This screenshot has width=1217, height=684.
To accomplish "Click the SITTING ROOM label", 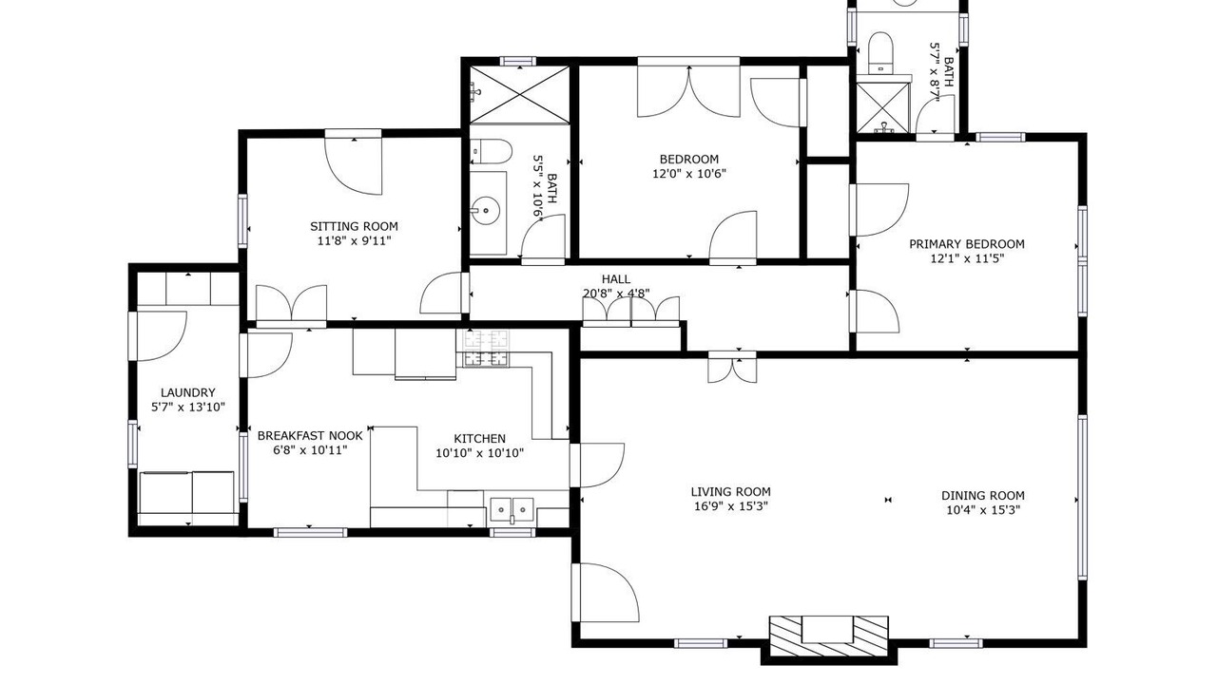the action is point(354,226).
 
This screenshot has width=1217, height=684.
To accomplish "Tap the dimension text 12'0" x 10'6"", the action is point(689,174).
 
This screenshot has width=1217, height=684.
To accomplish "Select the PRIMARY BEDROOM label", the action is point(967,244).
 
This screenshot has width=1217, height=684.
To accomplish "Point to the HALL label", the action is point(615,279).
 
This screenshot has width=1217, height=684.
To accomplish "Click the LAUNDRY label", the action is point(188,392).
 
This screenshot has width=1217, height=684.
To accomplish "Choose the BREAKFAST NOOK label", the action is point(310,435).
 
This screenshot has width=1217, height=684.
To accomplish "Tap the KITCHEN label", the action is point(480,439).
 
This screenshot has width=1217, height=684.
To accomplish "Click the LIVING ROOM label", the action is point(731,492).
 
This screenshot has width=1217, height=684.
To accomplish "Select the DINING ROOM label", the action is point(983,496).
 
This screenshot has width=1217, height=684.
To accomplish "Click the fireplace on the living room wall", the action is point(828,636).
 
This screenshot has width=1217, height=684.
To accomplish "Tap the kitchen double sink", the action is point(512,510).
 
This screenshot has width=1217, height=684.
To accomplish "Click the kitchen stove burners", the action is point(486,348).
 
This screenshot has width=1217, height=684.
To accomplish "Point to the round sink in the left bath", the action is point(485,209).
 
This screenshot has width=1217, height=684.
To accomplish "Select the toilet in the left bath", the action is point(492,151).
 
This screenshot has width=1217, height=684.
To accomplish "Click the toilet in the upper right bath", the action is point(880,52).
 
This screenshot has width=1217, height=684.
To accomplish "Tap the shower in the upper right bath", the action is point(883,107).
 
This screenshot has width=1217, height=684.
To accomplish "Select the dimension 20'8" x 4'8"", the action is point(616,294).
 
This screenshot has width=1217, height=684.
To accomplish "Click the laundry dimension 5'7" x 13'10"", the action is point(188,408).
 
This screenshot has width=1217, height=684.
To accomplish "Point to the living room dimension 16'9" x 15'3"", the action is point(731,506).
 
